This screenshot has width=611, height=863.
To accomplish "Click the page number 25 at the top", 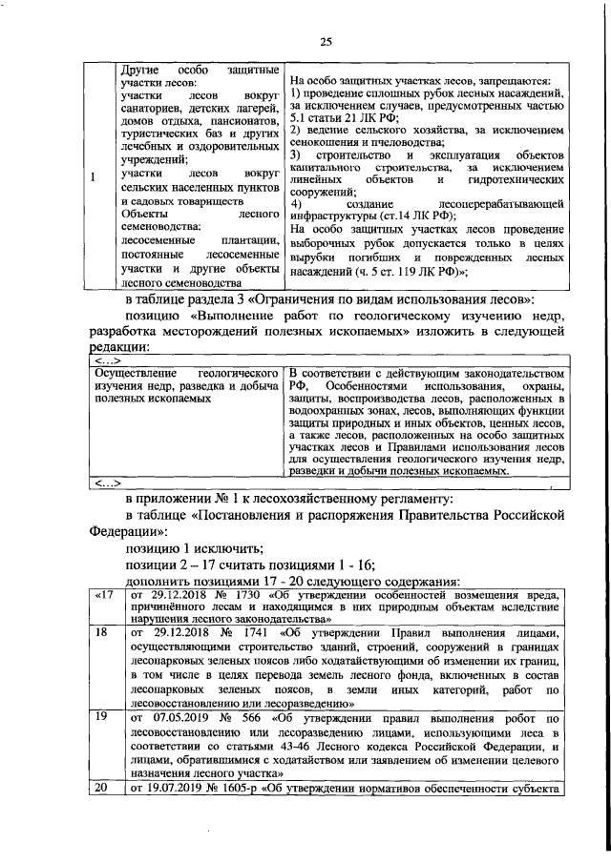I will (325, 39).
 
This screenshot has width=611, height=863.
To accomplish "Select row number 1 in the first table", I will (92, 177).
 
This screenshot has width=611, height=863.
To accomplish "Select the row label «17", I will (102, 595).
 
